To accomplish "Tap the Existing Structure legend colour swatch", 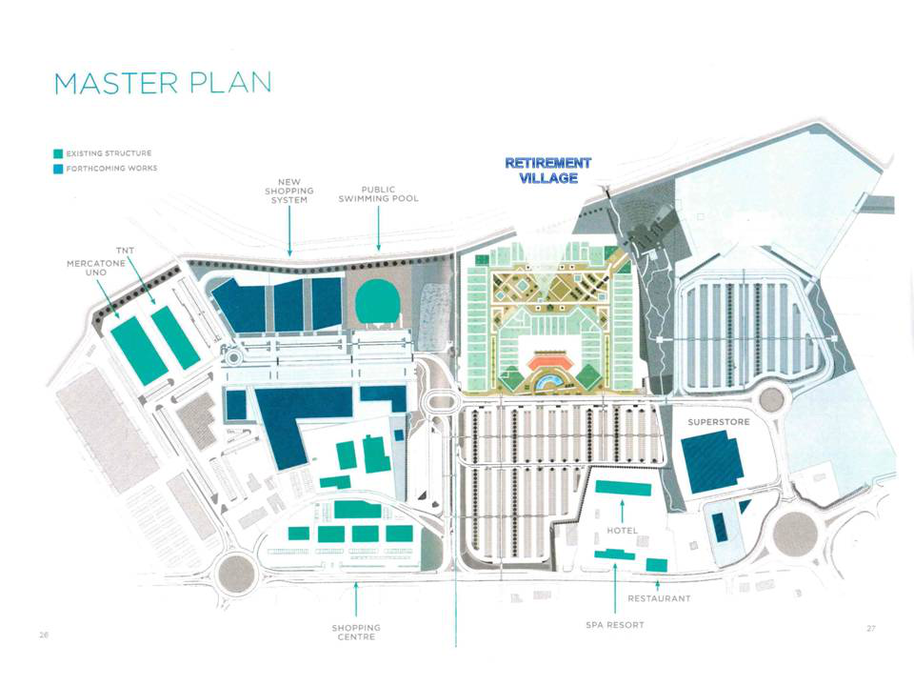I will point(58,153).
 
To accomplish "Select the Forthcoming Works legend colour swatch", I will point(58,169).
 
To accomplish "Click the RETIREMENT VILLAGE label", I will point(547,171).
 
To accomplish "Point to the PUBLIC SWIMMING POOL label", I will point(378,194).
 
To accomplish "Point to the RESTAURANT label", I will point(659,598).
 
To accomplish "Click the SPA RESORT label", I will point(614,625).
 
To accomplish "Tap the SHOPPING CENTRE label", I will point(356,632).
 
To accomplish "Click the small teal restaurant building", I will point(656,565).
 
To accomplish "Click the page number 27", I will point(870,628).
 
